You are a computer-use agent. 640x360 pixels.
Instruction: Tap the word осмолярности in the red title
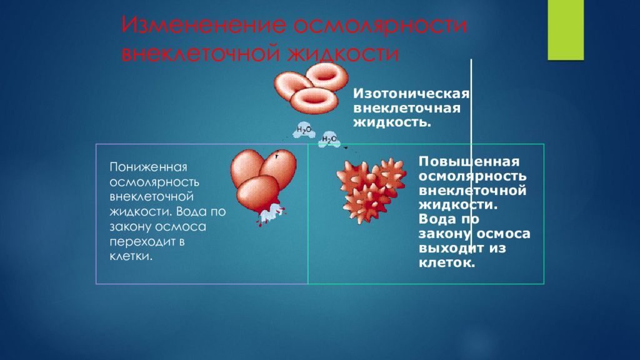point(381,27)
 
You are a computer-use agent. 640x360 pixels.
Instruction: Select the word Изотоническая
point(412,95)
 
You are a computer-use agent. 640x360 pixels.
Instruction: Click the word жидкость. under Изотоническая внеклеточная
point(392,122)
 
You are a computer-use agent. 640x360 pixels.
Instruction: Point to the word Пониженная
point(149,168)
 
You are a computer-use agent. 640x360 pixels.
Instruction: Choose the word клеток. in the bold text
point(447,262)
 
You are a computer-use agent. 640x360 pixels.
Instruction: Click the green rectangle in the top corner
point(565,29)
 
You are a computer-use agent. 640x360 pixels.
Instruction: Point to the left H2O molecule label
point(304,130)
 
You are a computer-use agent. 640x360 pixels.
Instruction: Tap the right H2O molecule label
point(329,139)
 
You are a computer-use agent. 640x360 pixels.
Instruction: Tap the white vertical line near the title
point(471,125)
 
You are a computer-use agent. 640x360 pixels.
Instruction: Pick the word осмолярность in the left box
point(154,182)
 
